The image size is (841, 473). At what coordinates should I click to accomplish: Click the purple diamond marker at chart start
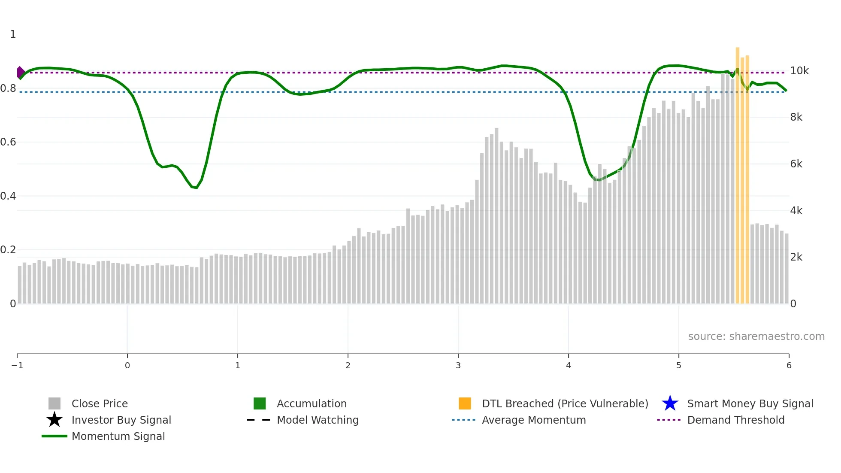[20, 73]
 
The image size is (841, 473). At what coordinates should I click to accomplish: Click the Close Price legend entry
[99, 403]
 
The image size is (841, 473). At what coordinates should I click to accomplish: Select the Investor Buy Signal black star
[54, 420]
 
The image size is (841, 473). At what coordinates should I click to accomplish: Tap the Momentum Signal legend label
[118, 436]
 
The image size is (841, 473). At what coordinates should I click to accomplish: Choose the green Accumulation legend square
[260, 403]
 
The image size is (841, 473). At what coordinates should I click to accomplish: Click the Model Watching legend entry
[317, 420]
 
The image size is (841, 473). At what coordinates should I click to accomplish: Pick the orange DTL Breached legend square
[465, 403]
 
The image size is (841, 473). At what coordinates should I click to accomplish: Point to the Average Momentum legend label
[534, 420]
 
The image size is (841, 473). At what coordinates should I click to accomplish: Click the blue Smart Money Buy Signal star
[670, 403]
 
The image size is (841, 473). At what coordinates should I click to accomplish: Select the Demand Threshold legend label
[735, 420]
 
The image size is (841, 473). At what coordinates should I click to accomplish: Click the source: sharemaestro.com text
[756, 336]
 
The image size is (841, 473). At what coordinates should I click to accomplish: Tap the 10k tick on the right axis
[799, 71]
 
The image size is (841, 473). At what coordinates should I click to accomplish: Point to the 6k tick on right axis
[796, 164]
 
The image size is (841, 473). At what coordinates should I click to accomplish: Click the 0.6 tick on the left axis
[8, 142]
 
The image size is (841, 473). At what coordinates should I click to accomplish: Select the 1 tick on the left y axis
[13, 34]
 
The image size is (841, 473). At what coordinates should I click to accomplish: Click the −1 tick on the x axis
[17, 365]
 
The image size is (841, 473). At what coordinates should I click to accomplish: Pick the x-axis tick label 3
[458, 365]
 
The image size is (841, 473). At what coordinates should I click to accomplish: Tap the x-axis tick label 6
[789, 365]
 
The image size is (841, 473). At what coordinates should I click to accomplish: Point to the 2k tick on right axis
[796, 257]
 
